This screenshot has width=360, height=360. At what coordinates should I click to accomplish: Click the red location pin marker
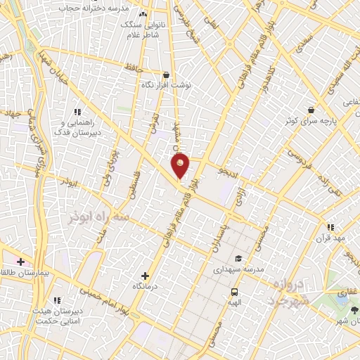coord(181,166)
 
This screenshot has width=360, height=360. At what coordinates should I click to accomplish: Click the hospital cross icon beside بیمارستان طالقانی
coord(21,262)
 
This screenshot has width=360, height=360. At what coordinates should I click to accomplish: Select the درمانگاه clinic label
coord(145,287)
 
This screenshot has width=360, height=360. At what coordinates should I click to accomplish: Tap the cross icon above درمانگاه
coord(145,276)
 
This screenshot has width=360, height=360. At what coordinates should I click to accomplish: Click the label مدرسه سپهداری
coord(239,269)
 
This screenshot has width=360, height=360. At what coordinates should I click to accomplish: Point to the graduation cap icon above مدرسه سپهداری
coord(238,258)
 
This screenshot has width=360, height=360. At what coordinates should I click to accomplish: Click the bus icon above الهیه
coord(233,291)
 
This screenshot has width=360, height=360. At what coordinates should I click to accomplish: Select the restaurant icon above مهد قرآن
coord(330,226)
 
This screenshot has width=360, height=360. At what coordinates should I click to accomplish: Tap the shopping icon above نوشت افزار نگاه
coord(166,74)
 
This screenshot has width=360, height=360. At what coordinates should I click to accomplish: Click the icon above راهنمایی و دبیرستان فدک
coord(77,111)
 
